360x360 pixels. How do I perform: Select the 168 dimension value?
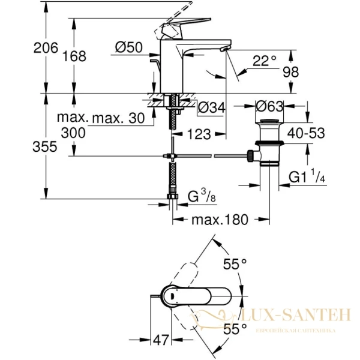coord(75,56)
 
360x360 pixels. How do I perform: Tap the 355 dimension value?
coord(29,146)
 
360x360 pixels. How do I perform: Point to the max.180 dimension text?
coord(220,220)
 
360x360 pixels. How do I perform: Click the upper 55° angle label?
coord(235,263)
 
